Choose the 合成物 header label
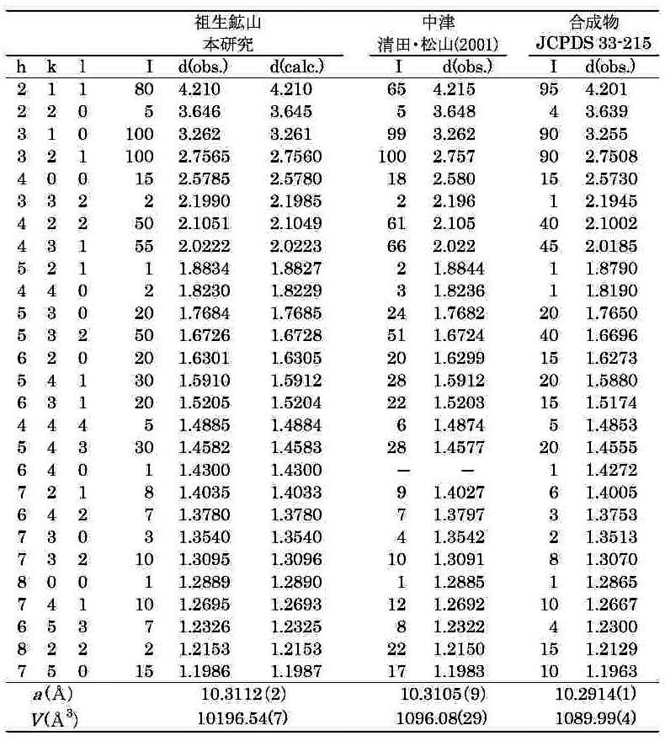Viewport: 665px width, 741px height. pos(589,21)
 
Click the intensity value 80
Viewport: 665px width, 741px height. pos(144,88)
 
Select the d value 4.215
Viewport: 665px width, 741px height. pos(454,88)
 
